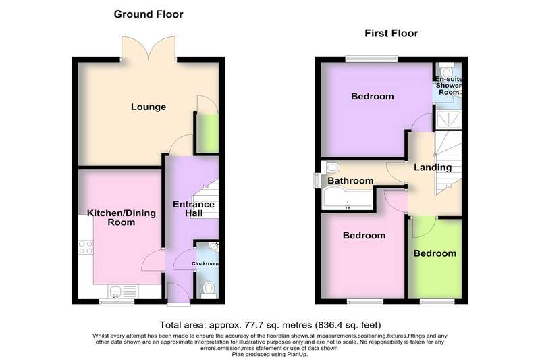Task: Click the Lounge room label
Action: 148,107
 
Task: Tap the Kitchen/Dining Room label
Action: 122,217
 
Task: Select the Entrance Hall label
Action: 194,209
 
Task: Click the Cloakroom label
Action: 205,263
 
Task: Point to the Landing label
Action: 433,168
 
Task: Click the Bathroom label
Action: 350,180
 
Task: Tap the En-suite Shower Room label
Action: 449,85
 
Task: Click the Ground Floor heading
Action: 148,14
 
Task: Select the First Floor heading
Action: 391,33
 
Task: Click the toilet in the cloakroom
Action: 209,289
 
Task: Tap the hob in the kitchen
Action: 86,247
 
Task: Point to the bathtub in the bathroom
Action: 347,198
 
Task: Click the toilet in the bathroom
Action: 331,168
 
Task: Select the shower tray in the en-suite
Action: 448,120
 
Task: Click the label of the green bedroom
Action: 435,253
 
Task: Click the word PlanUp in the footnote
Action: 298,354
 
